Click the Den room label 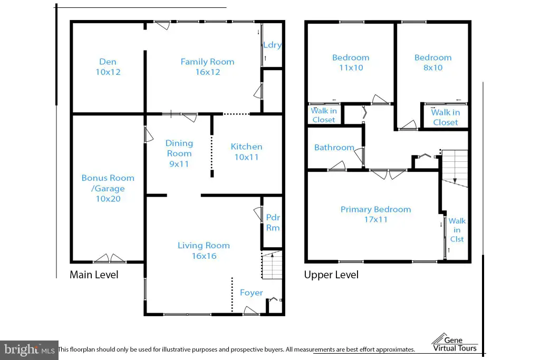click(108, 67)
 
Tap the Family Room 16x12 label click(207, 67)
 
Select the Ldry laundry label click(273, 45)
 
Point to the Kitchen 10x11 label click(247, 152)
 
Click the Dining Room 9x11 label click(179, 153)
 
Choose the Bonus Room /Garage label click(108, 188)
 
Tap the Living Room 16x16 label click(204, 250)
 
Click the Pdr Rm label click(273, 222)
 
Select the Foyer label click(252, 293)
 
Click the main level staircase click(272, 265)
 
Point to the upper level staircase click(455, 168)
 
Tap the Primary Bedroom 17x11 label click(375, 214)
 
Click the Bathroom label click(334, 147)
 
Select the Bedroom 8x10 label click(433, 62)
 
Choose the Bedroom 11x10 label click(351, 62)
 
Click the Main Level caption click(94, 275)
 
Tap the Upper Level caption click(331, 275)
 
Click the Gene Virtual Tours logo click(455, 343)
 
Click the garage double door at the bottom click(110, 258)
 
